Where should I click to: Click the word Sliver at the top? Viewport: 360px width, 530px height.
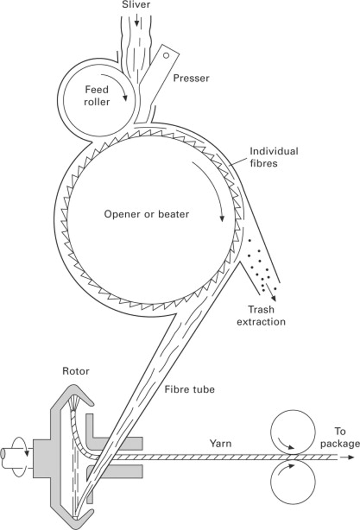click(x=136, y=4)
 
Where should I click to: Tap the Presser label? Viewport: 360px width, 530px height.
click(x=191, y=78)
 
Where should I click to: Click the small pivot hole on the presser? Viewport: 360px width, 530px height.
click(x=166, y=55)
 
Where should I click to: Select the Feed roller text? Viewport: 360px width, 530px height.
click(x=97, y=96)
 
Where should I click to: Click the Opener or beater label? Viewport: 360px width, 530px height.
click(x=146, y=214)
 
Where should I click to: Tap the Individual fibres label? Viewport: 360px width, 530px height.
click(x=273, y=157)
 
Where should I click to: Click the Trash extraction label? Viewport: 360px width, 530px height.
click(x=261, y=316)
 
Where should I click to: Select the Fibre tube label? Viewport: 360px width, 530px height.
click(x=190, y=389)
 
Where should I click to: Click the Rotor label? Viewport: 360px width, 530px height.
click(x=76, y=371)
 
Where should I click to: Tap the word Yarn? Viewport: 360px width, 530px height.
click(x=220, y=444)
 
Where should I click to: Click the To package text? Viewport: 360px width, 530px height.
click(x=339, y=437)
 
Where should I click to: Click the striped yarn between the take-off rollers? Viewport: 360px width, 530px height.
click(x=293, y=457)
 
